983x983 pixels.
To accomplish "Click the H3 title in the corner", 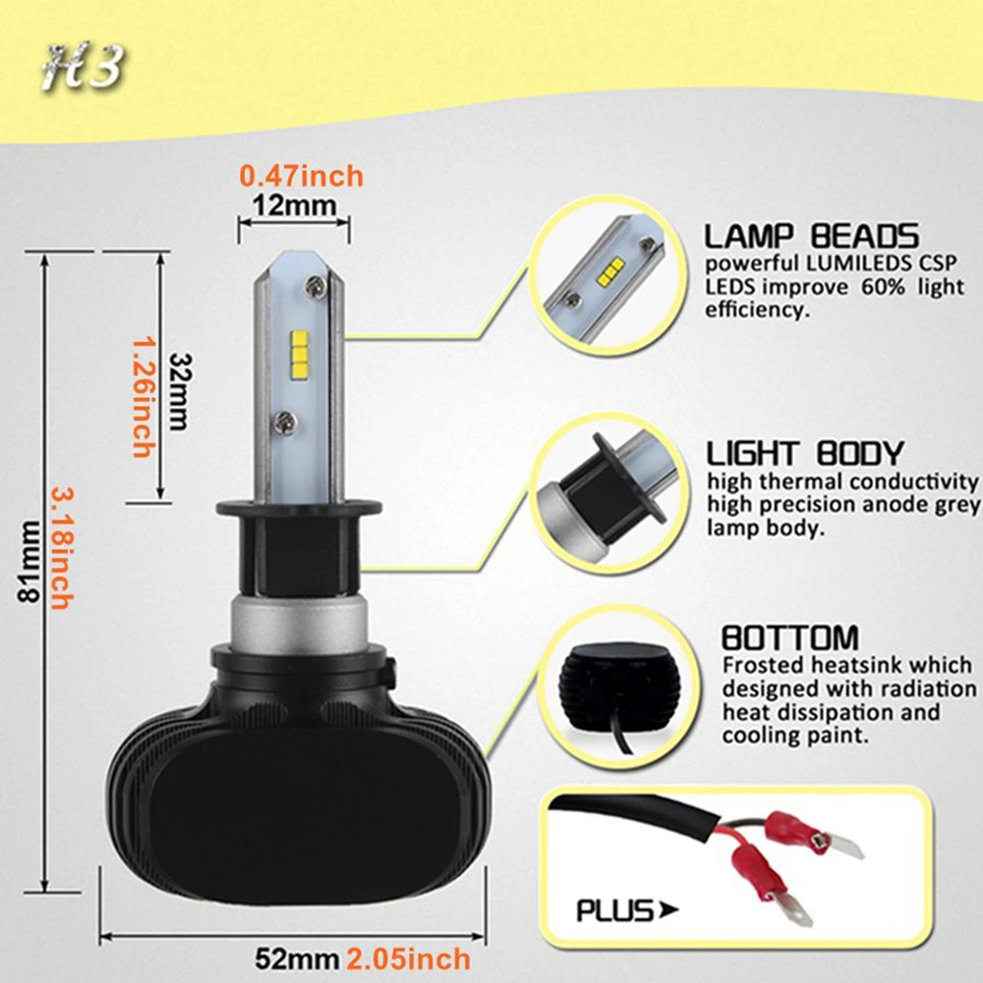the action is pyautogui.click(x=83, y=67).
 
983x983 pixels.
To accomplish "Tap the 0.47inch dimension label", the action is pyautogui.click(x=302, y=176).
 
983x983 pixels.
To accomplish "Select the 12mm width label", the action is pyautogui.click(x=295, y=205).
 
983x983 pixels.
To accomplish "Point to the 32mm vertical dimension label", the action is pyautogui.click(x=180, y=392).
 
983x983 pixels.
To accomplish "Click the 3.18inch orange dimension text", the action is pyautogui.click(x=62, y=549).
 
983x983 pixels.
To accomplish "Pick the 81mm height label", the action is pyautogui.click(x=29, y=561).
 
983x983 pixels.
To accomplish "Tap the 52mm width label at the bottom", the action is pyautogui.click(x=297, y=959).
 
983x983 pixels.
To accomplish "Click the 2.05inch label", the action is pyautogui.click(x=409, y=959).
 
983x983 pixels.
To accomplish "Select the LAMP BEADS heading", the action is pyautogui.click(x=811, y=236).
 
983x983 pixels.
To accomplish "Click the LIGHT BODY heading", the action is pyautogui.click(x=806, y=452).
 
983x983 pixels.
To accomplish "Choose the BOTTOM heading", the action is pyautogui.click(x=790, y=638).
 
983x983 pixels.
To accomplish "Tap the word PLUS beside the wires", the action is pyautogui.click(x=614, y=911).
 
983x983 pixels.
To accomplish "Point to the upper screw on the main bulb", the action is pyautogui.click(x=315, y=287).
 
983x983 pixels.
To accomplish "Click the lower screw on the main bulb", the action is pyautogui.click(x=285, y=423).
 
